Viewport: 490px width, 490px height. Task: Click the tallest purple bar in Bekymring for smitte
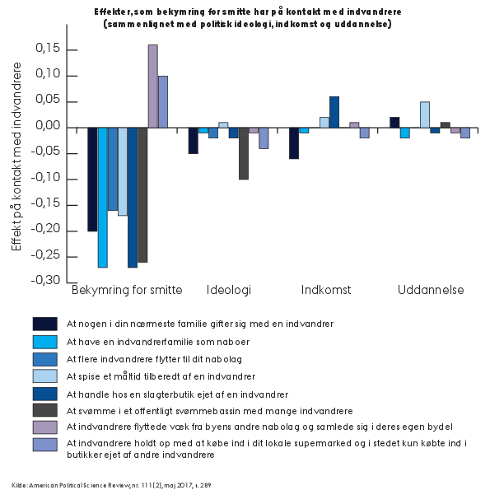point(153,86)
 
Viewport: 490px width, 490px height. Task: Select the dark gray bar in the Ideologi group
point(244,153)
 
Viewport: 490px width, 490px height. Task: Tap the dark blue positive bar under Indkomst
point(334,112)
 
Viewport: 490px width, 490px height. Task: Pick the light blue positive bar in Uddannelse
point(425,114)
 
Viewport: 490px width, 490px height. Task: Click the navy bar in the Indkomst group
point(294,143)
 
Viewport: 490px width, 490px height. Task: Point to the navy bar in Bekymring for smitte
point(92,180)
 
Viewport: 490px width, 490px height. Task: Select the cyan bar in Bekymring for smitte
point(103,198)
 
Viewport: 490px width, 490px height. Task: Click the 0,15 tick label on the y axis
point(48,48)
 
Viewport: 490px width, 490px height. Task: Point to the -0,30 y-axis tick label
point(45,280)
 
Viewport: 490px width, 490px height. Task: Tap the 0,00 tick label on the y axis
point(48,126)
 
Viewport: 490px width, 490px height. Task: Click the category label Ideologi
point(229,290)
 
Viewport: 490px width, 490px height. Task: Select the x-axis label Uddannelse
point(431,290)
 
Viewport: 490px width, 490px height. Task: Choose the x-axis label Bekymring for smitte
point(127,290)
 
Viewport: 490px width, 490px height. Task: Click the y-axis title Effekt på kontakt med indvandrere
point(16,156)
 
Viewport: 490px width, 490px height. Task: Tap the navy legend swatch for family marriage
point(45,324)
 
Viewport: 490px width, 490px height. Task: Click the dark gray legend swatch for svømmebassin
point(45,410)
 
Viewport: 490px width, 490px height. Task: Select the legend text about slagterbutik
point(177,394)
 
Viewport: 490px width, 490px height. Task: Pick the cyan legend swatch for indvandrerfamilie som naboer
point(45,342)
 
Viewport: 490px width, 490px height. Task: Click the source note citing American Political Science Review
point(111,485)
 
